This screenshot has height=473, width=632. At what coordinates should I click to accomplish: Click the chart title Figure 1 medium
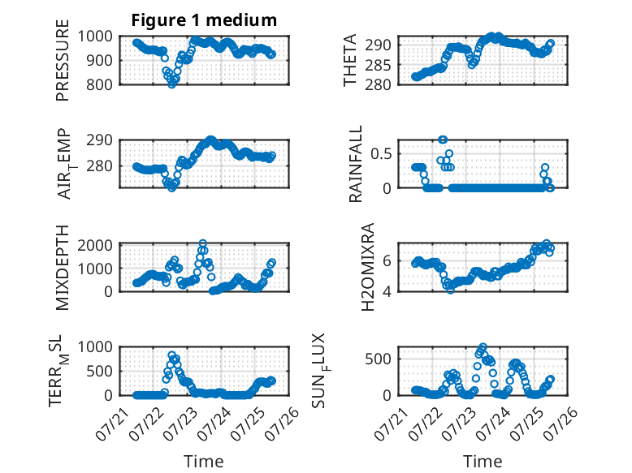(x=204, y=19)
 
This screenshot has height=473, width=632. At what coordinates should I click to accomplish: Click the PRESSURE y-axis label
(x=63, y=60)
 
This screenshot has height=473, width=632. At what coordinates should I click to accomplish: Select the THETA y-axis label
(x=350, y=60)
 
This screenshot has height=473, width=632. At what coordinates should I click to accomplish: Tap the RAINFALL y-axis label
(x=356, y=164)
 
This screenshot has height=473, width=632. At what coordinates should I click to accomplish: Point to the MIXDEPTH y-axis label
(x=63, y=268)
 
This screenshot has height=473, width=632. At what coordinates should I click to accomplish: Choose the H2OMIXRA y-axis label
(x=368, y=267)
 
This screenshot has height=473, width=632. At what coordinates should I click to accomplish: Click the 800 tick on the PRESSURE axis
(x=99, y=85)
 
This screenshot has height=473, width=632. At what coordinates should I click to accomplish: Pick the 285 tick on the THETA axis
(x=378, y=65)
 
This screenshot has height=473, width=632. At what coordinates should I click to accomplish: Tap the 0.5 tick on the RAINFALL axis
(x=381, y=154)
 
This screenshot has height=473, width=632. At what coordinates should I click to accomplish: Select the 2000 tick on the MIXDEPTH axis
(x=95, y=245)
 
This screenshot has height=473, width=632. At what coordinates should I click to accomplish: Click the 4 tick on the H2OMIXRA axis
(x=387, y=291)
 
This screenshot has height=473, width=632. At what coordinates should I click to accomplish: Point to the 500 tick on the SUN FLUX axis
(x=378, y=359)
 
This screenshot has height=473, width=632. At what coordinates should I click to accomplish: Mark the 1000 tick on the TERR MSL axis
(x=95, y=346)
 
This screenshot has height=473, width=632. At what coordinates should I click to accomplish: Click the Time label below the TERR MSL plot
(x=204, y=461)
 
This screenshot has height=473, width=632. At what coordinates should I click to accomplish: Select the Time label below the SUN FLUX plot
(x=483, y=461)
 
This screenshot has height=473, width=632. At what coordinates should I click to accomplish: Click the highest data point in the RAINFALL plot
(x=443, y=140)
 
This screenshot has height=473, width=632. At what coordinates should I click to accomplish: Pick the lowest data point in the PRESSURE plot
(x=171, y=84)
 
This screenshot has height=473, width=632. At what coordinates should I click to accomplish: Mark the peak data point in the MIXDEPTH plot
(x=203, y=243)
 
